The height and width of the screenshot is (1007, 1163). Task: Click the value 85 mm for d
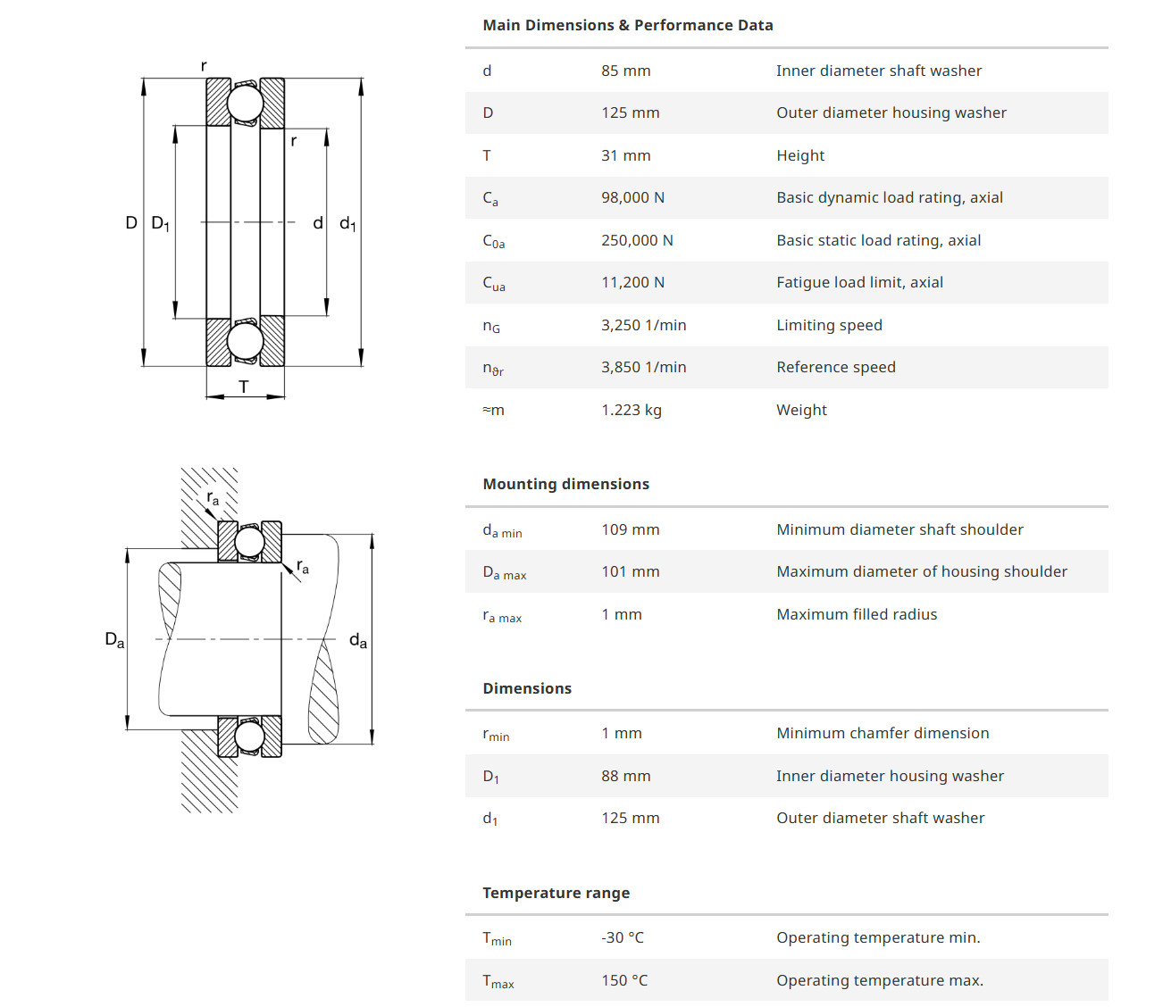[625, 71]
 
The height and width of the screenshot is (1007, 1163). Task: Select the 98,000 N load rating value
[632, 197]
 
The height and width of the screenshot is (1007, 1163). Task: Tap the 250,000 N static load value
[637, 240]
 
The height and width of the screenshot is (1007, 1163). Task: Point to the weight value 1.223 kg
[631, 410]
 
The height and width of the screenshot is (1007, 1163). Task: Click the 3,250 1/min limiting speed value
[643, 325]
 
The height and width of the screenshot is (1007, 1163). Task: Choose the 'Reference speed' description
[835, 367]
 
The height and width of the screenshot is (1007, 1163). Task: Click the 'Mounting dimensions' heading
[565, 484]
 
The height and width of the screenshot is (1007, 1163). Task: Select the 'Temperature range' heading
[556, 893]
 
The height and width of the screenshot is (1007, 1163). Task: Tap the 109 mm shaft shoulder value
[630, 529]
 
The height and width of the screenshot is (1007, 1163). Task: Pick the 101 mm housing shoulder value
[630, 571]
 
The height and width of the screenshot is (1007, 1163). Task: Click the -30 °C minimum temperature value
[622, 937]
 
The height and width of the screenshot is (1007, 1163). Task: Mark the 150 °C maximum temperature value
[624, 980]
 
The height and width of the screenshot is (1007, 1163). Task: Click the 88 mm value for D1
[625, 776]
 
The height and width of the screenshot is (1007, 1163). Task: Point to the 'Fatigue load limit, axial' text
[859, 282]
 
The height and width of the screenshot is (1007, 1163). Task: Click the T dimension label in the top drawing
[244, 387]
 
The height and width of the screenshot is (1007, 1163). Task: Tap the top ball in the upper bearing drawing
[245, 104]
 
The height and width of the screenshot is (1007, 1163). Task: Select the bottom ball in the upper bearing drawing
[245, 340]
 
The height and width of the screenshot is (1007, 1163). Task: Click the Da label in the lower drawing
[114, 639]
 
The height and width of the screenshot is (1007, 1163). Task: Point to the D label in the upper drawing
[131, 222]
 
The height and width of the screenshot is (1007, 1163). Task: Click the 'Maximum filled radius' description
[857, 614]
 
